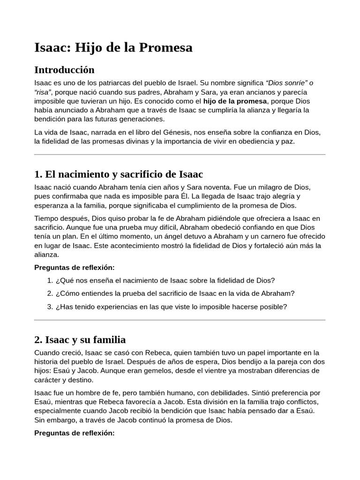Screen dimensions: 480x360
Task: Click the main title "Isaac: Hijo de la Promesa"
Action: pyautogui.click(x=113, y=47)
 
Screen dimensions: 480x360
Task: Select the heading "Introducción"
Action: pyautogui.click(x=64, y=70)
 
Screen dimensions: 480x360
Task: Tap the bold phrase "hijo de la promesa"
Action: pyautogui.click(x=235, y=101)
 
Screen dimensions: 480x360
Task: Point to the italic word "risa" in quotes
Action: pyautogui.click(x=43, y=92)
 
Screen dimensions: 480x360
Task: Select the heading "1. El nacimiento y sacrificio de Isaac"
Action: pyautogui.click(x=119, y=174)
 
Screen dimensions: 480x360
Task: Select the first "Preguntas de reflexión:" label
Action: pyautogui.click(x=75, y=268)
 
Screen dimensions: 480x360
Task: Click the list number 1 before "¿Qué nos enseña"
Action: pyautogui.click(x=50, y=280)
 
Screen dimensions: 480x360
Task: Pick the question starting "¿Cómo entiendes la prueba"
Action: pyautogui.click(x=175, y=293)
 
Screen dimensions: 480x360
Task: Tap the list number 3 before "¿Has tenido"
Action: pyautogui.click(x=50, y=307)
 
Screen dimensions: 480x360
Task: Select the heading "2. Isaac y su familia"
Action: pyautogui.click(x=80, y=339)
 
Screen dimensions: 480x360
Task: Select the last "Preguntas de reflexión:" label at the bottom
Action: pyautogui.click(x=75, y=433)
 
